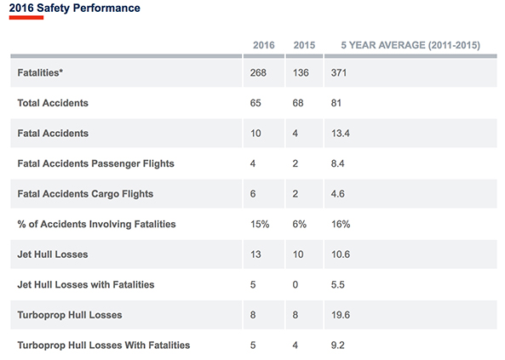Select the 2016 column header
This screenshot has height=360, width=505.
click(x=265, y=44)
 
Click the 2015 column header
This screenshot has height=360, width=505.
click(x=304, y=44)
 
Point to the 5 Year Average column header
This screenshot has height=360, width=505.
click(x=411, y=44)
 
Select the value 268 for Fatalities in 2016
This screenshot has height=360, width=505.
click(x=260, y=73)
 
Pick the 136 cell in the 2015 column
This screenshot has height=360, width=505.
click(x=301, y=73)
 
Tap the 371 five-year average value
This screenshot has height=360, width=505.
click(x=340, y=73)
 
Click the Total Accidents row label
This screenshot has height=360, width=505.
click(x=53, y=103)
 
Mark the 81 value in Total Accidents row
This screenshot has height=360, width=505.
click(x=337, y=103)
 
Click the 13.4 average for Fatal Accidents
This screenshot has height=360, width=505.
click(x=341, y=134)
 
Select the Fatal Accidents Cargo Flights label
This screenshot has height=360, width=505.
click(x=85, y=194)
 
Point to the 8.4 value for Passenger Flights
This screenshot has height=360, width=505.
click(x=338, y=163)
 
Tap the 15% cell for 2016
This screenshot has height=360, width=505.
click(x=260, y=224)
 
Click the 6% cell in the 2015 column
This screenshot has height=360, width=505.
click(x=300, y=224)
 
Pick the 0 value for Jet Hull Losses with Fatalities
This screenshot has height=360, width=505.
click(x=296, y=284)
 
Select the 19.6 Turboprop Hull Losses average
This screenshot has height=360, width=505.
click(x=341, y=315)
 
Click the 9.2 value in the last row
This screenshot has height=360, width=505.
click(x=338, y=345)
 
